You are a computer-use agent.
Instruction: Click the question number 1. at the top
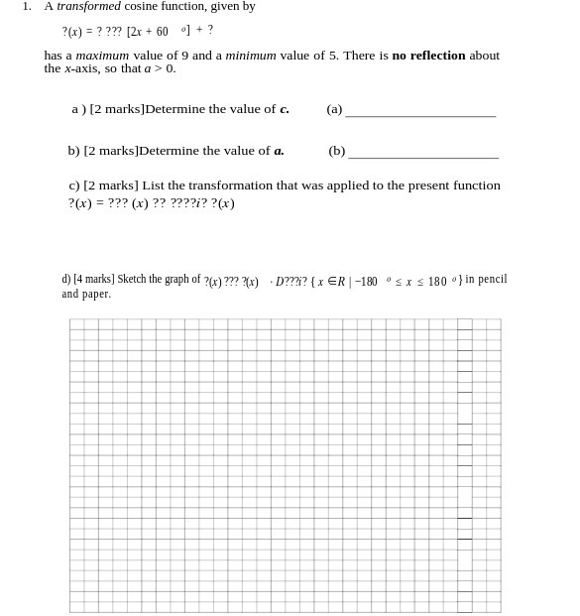coord(27,7)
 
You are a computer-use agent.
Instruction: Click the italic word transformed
coord(88,7)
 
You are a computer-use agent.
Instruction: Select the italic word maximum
coord(102,56)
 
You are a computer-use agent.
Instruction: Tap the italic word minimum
coord(251,56)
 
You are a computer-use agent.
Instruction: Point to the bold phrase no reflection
coord(428,56)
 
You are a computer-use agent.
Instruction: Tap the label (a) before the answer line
coord(334,109)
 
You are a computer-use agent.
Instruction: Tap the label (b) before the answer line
coord(337,151)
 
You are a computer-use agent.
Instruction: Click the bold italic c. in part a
coord(285,109)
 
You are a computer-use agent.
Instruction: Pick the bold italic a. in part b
coord(279,151)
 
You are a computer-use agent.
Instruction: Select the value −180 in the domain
coord(366,282)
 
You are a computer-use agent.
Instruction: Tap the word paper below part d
coord(97,295)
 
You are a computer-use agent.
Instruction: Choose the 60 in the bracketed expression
coord(162,32)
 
